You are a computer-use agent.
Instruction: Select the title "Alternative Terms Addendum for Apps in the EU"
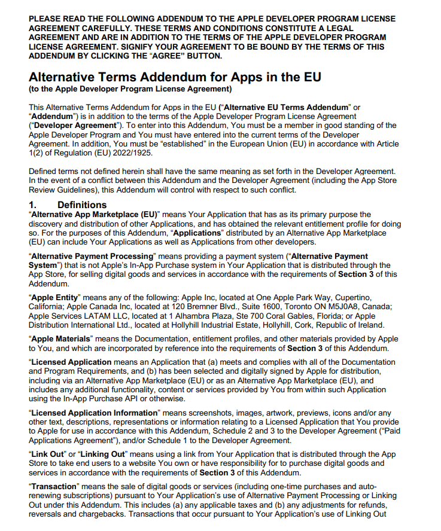[175, 77]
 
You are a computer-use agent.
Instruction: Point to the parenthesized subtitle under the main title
[130, 89]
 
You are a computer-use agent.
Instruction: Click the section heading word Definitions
[82, 205]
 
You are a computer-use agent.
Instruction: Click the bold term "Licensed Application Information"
[95, 413]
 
